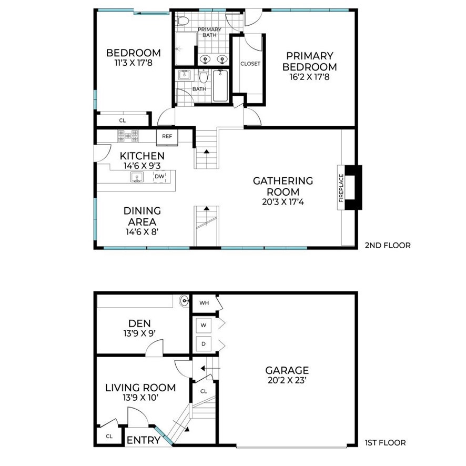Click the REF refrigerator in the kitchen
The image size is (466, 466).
167,137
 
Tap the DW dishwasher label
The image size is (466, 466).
159,176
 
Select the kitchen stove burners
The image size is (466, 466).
128,136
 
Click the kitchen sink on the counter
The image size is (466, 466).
137,177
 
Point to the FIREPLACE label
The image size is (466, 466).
341,188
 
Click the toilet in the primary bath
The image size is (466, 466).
182,21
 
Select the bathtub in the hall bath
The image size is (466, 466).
220,86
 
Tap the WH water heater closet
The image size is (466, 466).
204,303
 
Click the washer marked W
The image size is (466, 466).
204,325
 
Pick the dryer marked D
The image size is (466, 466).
204,344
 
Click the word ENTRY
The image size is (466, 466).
144,440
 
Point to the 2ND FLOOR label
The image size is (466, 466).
388,246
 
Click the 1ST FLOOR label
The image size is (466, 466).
386,443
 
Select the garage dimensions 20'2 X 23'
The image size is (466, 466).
287,380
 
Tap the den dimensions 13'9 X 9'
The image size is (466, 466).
140,333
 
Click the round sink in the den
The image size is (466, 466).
184,301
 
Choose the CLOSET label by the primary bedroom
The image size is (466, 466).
250,64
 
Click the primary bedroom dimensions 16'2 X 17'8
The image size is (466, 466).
310,77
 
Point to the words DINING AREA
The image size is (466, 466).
142,216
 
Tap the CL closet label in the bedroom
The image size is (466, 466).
123,120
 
